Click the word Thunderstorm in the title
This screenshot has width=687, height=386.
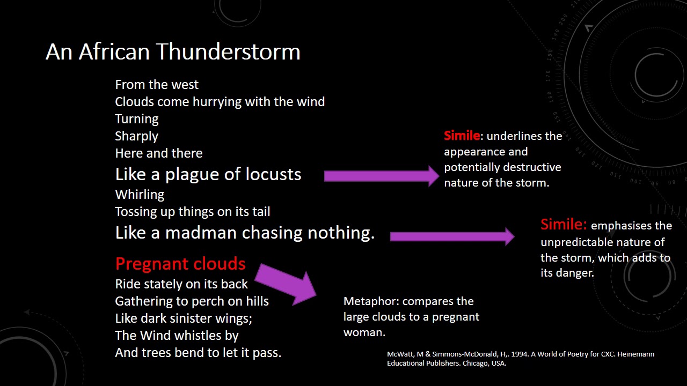pyautogui.click(x=228, y=51)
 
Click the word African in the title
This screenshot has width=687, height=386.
pyautogui.click(x=114, y=51)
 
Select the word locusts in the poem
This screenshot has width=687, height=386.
pyautogui.click(x=273, y=174)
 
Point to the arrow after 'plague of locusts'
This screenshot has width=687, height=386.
pyautogui.click(x=382, y=176)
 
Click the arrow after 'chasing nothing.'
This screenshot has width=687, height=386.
pyautogui.click(x=452, y=236)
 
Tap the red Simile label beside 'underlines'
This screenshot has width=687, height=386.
pyautogui.click(x=462, y=136)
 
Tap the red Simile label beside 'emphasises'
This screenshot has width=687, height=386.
pyautogui.click(x=563, y=224)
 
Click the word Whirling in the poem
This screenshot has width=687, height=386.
pyautogui.click(x=140, y=195)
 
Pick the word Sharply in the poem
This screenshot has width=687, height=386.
pyautogui.click(x=136, y=136)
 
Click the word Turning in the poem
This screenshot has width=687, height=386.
pyautogui.click(x=137, y=119)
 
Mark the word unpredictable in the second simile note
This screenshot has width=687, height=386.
pyautogui.click(x=576, y=243)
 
